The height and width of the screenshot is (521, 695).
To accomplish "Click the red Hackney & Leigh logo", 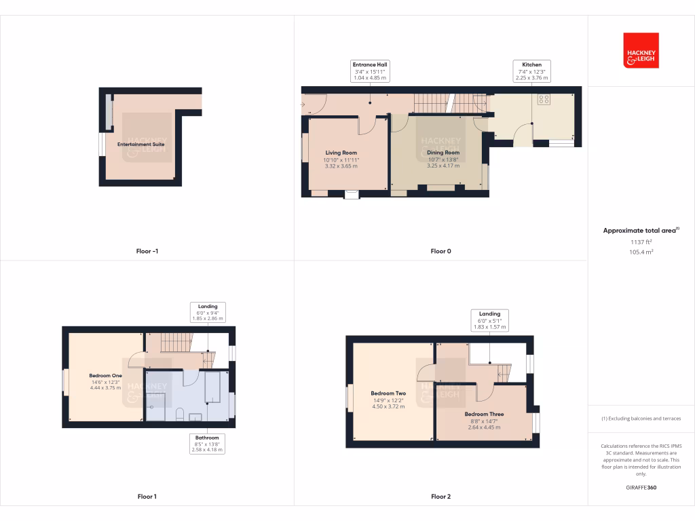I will tap(641, 51).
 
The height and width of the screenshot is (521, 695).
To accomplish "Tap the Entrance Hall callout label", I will tap(370, 71).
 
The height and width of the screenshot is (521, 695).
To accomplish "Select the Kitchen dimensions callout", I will tap(532, 71).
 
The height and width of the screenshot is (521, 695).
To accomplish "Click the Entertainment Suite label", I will tap(141, 144).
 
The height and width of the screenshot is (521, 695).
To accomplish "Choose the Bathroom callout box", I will tap(207, 444).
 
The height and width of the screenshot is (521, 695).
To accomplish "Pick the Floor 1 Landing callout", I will tap(207, 312).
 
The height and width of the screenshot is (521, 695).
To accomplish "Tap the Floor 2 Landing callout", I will tap(489, 320).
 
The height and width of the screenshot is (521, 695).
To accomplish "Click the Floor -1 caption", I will tap(147, 251).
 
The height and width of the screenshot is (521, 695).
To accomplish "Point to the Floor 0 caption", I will tap(440, 251).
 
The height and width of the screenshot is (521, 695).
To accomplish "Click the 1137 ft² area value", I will tap(641, 242).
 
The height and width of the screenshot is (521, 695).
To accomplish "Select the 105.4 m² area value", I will tap(641, 252).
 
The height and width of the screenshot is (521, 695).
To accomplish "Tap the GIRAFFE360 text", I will tap(641, 488).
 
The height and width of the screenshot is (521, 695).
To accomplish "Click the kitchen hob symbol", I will tap(544, 99).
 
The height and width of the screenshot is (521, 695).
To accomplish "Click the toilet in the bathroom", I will tap(180, 414).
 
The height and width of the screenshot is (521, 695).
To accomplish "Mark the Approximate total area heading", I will tap(640, 231).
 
